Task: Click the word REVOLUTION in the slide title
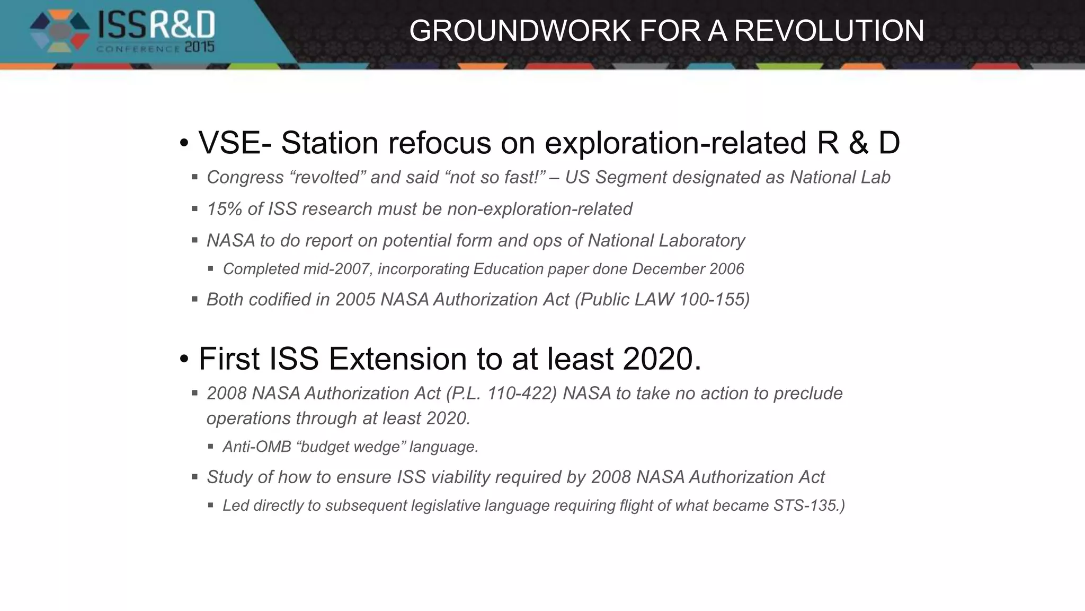(x=829, y=31)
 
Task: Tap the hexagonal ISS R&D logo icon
(x=59, y=32)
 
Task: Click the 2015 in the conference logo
(x=199, y=47)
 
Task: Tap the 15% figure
(x=225, y=209)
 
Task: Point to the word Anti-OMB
(x=257, y=447)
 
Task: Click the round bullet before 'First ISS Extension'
(x=184, y=360)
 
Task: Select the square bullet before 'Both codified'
(x=195, y=300)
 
